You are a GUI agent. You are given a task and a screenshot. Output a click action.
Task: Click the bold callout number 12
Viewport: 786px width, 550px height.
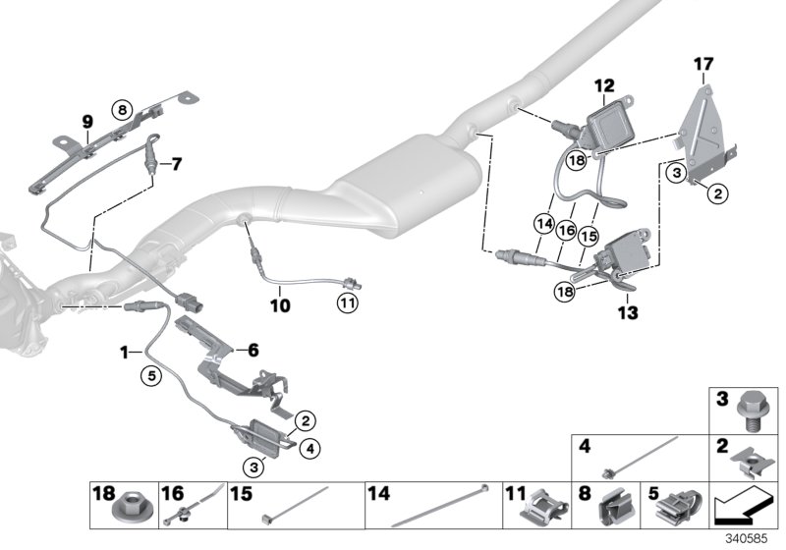click(602, 86)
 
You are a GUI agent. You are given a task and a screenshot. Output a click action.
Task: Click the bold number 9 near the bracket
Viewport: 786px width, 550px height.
click(87, 122)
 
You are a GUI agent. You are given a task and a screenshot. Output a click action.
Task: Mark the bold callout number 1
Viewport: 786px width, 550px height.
click(125, 351)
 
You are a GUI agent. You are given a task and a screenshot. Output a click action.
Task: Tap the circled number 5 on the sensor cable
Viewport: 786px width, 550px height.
click(149, 373)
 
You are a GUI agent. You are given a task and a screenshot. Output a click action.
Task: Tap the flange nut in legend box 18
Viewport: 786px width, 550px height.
click(129, 510)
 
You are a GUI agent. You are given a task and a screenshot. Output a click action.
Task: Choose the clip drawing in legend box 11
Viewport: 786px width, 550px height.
click(537, 508)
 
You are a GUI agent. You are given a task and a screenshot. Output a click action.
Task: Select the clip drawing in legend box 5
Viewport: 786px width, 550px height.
click(672, 508)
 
